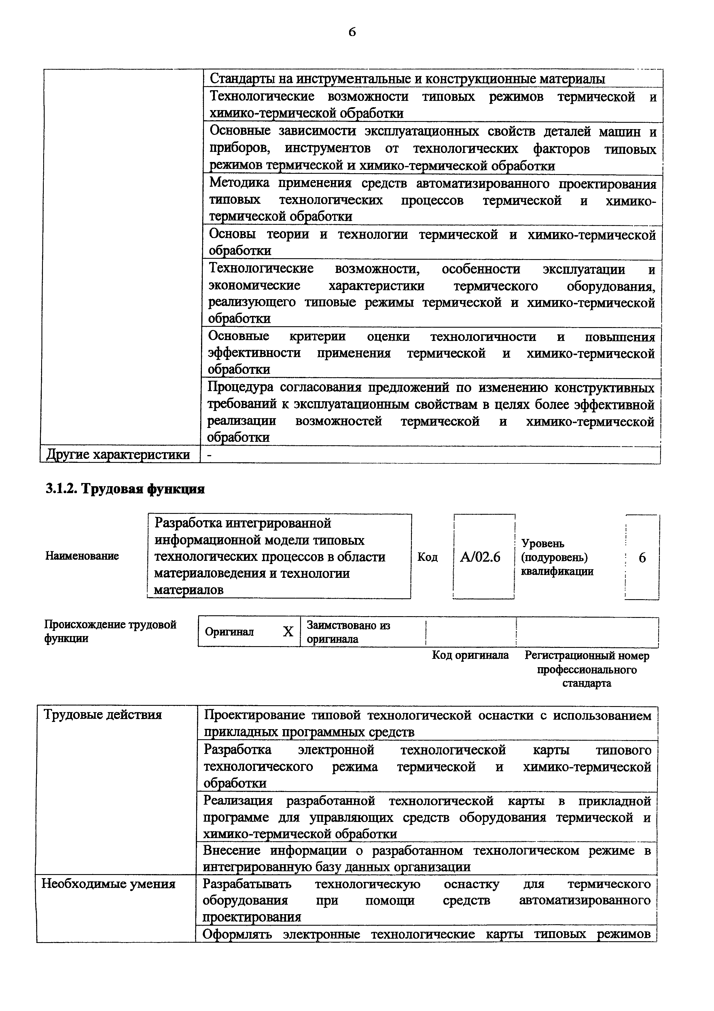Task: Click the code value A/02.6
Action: [x=480, y=557]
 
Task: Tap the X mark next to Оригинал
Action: [x=288, y=632]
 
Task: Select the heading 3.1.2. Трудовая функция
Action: [x=125, y=489]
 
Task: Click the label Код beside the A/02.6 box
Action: [x=427, y=557]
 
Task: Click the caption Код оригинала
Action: [x=470, y=656]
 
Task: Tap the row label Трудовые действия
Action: [x=103, y=715]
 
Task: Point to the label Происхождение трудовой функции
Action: [x=110, y=631]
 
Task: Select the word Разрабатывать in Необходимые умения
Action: [x=247, y=884]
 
